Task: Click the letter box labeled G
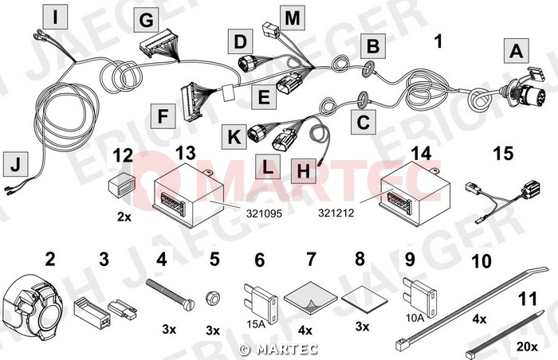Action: point(146,20)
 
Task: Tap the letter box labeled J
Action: point(16,164)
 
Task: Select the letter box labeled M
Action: point(293,18)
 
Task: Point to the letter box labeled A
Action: point(517,51)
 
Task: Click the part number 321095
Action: point(264,213)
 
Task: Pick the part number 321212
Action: point(336,213)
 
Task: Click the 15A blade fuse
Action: point(261,303)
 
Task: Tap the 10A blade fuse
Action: point(420,296)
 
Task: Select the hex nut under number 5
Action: point(213,297)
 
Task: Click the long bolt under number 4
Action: point(171,293)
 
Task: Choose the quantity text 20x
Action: point(527,346)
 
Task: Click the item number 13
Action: point(186,153)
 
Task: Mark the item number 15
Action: point(503,154)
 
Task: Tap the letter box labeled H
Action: point(304,171)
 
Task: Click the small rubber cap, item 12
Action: point(120,183)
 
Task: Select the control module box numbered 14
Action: point(415,197)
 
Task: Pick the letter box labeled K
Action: point(234,137)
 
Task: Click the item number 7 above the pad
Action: point(311,259)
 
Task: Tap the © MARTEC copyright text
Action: point(279,350)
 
